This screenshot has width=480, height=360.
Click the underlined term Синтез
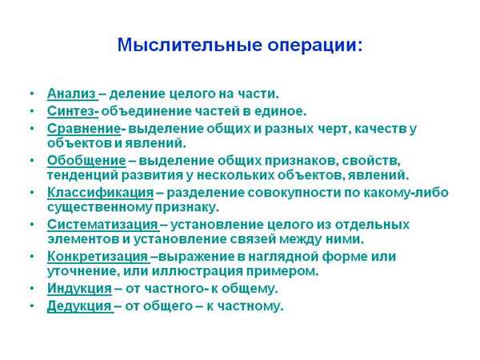[x=72, y=110]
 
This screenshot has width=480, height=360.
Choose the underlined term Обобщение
[x=86, y=160]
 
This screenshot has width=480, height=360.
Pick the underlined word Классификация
[x=100, y=193]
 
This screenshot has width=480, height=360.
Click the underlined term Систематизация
[x=102, y=225]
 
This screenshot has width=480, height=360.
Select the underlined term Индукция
[x=78, y=289]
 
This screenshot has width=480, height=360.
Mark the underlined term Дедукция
[x=78, y=306]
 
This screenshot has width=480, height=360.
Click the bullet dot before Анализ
[x=30, y=94]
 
